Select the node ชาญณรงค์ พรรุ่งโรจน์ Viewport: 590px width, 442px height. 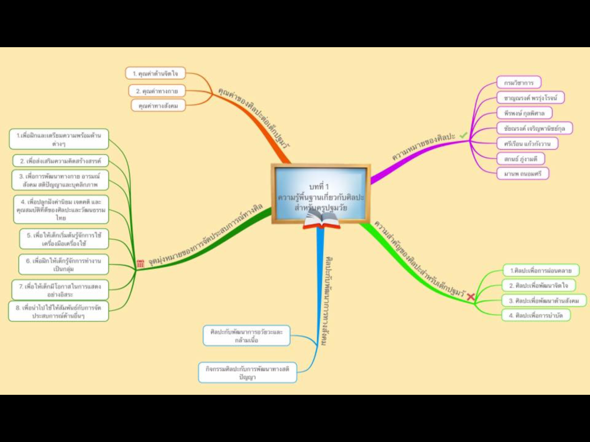point(530,97)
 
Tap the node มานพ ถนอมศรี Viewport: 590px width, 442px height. point(522,173)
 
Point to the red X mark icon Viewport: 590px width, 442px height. point(471,296)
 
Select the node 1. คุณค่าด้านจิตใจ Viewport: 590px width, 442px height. point(155,73)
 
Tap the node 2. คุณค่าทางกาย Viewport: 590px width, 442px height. point(157,91)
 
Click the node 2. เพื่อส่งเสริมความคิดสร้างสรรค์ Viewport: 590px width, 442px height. point(60,161)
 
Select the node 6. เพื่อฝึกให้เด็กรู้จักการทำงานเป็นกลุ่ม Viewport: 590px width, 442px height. point(63,265)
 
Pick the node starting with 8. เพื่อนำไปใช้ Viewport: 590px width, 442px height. point(58,311)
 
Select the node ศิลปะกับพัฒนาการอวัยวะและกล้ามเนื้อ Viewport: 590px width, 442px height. point(247,336)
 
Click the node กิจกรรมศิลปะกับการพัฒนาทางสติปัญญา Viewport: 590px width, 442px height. point(247,372)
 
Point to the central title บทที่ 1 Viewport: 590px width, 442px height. point(320,186)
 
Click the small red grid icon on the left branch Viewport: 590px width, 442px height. point(141,264)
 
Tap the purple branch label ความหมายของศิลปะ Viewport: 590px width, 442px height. point(423,148)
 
